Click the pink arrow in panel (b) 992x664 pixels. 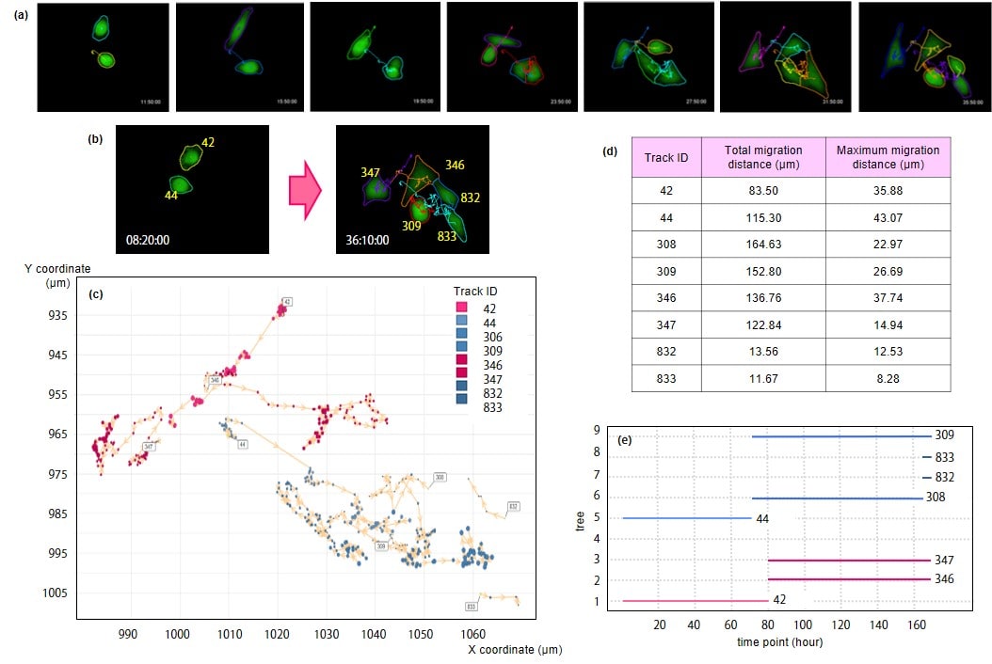[x=304, y=188]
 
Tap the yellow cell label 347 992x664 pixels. [x=370, y=172]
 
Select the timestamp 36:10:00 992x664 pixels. [x=366, y=240]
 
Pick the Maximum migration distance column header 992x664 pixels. [x=888, y=157]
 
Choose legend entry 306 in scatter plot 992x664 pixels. [x=492, y=336]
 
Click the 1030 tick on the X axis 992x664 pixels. [x=327, y=635]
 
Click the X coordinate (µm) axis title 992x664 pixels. [x=515, y=649]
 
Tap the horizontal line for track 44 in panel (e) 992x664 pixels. [x=687, y=518]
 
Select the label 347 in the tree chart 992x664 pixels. [x=944, y=560]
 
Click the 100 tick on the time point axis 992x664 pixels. [x=804, y=625]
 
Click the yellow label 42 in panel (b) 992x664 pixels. [x=208, y=143]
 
